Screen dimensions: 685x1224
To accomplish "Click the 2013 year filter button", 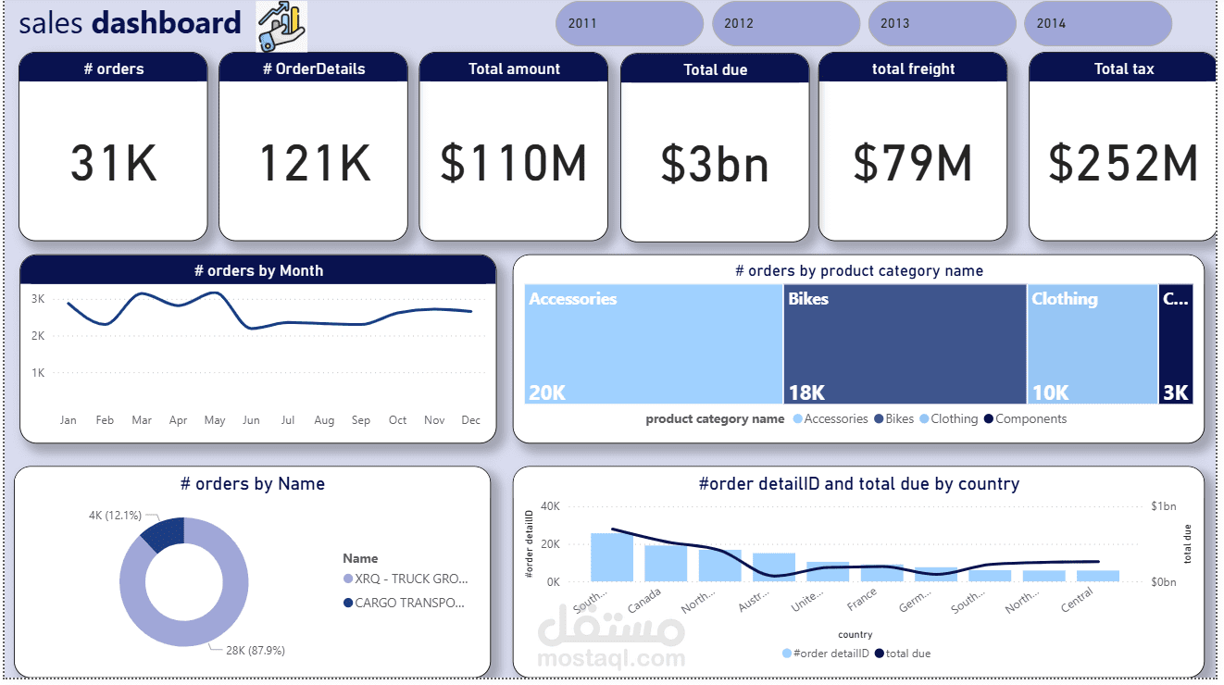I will point(942,23).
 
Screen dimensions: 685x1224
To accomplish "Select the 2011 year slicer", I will point(629,23).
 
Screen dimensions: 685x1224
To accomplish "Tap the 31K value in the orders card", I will point(114,163).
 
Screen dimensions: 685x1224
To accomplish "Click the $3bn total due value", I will point(715,164).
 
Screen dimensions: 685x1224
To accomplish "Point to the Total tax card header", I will point(1123,68).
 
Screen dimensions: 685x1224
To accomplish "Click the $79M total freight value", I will point(913,163).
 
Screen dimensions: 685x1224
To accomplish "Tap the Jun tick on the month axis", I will point(251,420).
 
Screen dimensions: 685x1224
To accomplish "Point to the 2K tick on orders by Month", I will point(39,336).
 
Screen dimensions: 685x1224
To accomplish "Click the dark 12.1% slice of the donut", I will point(164,534).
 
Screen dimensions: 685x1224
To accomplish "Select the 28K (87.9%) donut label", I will point(255,651).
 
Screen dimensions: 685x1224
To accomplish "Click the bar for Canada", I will point(666,563).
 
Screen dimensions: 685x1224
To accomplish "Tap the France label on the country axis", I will point(862,602).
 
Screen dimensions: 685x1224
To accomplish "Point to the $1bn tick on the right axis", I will point(1164,506).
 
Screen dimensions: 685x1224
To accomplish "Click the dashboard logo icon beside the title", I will point(281,26).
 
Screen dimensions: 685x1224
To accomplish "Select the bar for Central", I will point(1097,576).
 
